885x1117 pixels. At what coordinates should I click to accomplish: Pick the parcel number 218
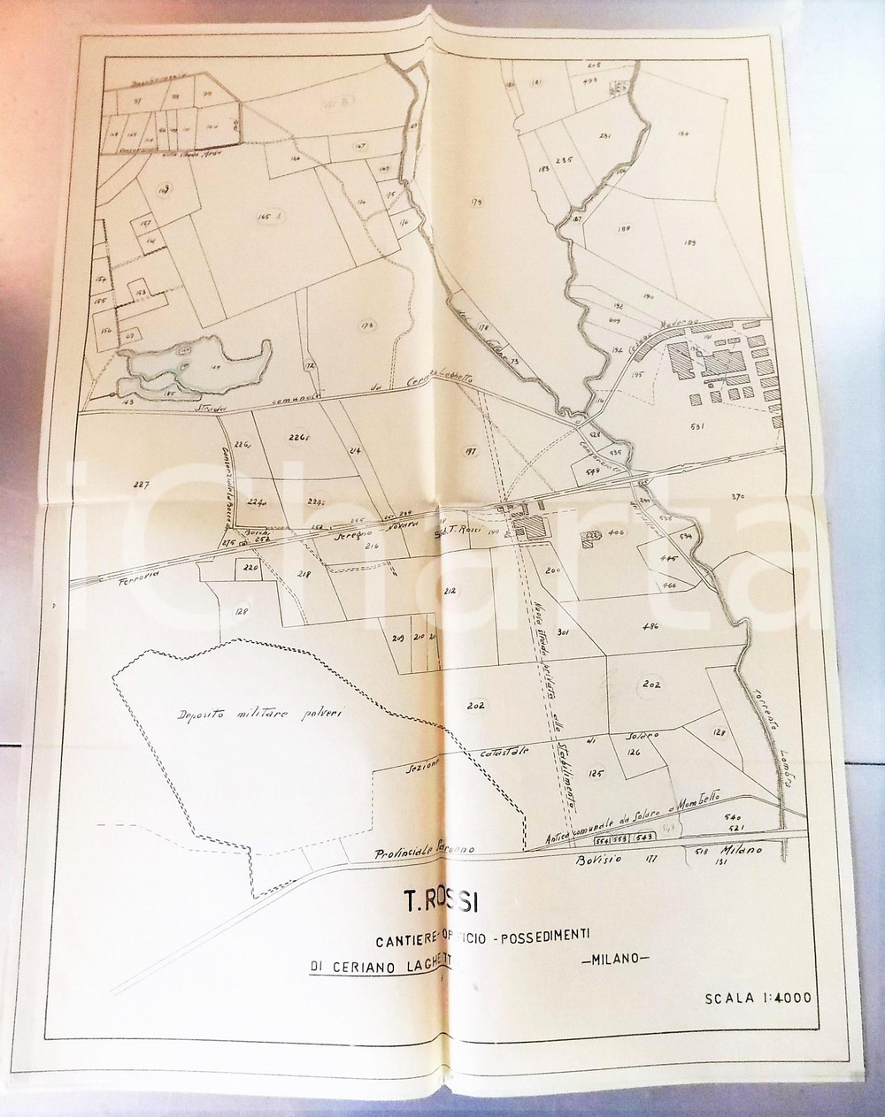coord(304,574)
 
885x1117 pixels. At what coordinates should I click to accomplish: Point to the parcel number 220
coord(250,568)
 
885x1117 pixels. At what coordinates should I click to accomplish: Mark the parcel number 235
coord(565,160)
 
